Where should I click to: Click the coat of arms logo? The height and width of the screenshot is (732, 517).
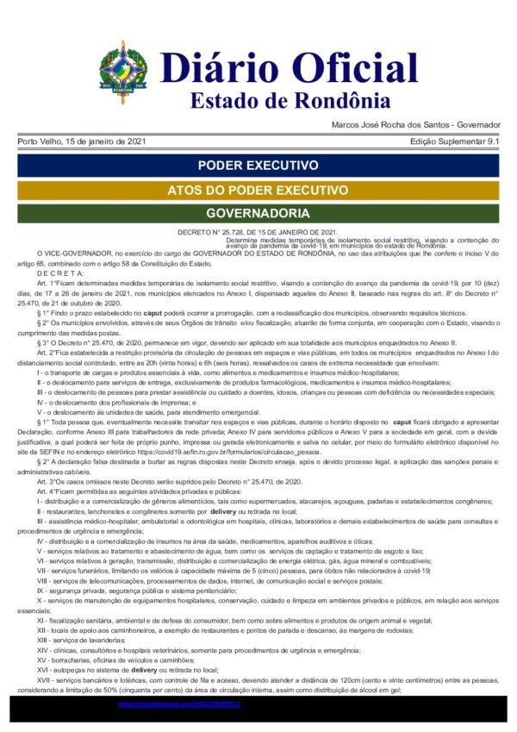click(123, 72)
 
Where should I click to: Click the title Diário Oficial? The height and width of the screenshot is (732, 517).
click(277, 67)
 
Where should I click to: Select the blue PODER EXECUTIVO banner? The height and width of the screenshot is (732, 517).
click(258, 165)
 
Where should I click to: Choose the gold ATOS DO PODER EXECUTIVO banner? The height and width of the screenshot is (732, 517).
click(258, 190)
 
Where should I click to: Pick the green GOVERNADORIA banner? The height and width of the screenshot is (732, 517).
click(258, 213)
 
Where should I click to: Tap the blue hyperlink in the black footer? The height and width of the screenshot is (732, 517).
click(179, 704)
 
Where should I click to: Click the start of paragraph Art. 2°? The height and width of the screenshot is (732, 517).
click(47, 353)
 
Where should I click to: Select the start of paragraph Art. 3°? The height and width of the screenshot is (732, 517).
click(47, 481)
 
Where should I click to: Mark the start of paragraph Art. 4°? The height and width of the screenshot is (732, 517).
click(47, 491)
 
